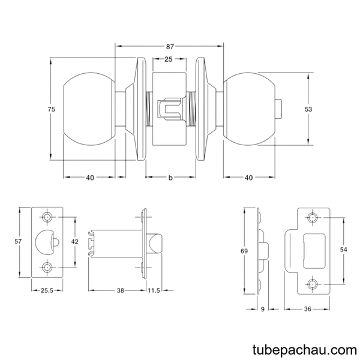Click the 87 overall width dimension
click(170, 47)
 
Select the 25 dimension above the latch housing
click(168, 59)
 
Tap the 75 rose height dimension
click(52, 109)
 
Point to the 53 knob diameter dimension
click(308, 109)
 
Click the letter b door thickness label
click(170, 178)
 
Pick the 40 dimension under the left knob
click(90, 178)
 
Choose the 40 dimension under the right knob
click(249, 178)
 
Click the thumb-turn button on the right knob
click(278, 109)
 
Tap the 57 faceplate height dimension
click(18, 241)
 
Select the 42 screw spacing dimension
click(75, 241)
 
